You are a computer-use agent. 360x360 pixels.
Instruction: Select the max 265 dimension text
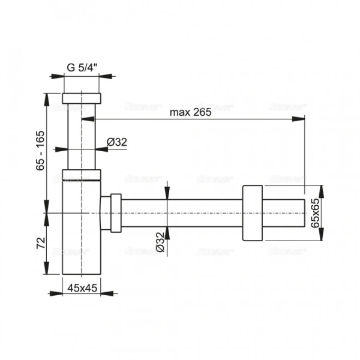click(x=190, y=112)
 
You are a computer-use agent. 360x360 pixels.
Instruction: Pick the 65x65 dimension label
click(x=315, y=212)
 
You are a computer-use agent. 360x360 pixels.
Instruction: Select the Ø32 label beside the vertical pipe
click(x=116, y=142)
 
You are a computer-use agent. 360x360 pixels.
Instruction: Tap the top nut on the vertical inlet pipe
click(x=83, y=98)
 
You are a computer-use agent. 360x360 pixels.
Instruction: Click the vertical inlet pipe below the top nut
click(x=83, y=138)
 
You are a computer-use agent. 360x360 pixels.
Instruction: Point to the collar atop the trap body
click(x=83, y=175)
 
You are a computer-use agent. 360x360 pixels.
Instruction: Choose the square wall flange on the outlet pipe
click(x=253, y=213)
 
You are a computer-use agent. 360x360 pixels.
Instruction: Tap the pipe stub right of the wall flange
click(x=285, y=212)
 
